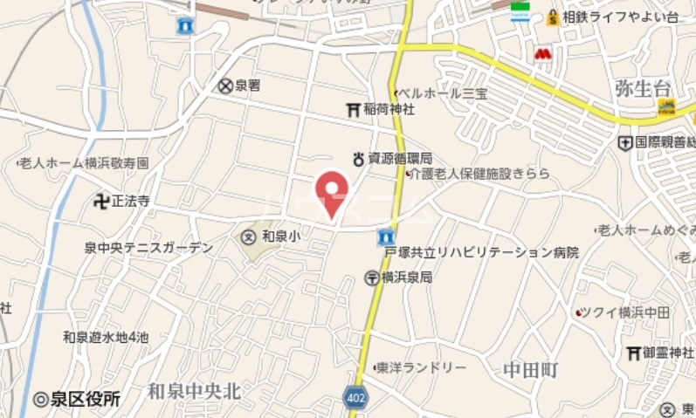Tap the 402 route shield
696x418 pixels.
tap(355, 398)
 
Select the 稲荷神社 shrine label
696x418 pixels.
tap(389, 109)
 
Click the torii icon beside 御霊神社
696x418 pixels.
tap(634, 353)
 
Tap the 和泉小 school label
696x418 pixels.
tap(281, 236)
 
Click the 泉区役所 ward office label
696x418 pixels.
tap(84, 399)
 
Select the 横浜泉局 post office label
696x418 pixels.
tap(406, 278)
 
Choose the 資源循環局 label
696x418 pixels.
tap(399, 159)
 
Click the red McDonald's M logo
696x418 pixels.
tap(543, 55)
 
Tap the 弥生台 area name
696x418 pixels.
tap(643, 87)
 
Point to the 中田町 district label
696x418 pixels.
tap(530, 370)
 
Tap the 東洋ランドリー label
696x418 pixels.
tap(420, 368)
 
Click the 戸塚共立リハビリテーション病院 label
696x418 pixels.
tap(481, 253)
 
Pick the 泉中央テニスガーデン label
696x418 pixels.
tap(148, 248)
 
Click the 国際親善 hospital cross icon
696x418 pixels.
tap(625, 141)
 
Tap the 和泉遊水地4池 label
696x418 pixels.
tap(106, 337)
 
